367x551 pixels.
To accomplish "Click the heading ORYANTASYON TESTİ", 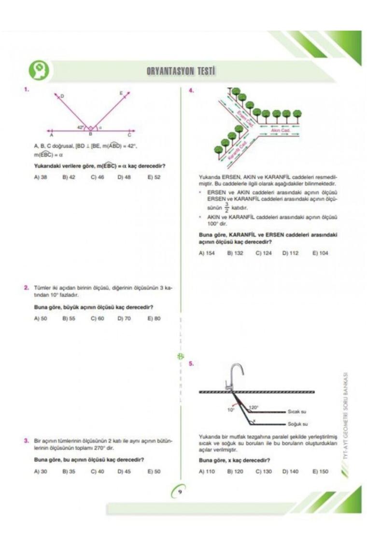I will pyautogui.click(x=181, y=72).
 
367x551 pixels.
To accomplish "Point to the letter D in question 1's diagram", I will pyautogui.click(x=62, y=96).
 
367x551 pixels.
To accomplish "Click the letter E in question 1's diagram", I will pyautogui.click(x=121, y=93).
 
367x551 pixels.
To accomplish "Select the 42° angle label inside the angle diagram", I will pyautogui.click(x=81, y=127).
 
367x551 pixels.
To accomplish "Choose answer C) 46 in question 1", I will pyautogui.click(x=97, y=177).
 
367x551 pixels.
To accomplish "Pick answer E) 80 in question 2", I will pyautogui.click(x=154, y=319).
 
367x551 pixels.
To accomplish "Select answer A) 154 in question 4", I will pyautogui.click(x=207, y=253).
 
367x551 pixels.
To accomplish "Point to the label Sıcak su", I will pyautogui.click(x=297, y=411).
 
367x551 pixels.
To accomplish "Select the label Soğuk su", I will pyautogui.click(x=297, y=424).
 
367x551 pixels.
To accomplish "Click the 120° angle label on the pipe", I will pyautogui.click(x=254, y=407).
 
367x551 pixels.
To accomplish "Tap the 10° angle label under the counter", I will pyautogui.click(x=230, y=409).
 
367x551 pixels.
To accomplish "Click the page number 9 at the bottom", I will pyautogui.click(x=180, y=493).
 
